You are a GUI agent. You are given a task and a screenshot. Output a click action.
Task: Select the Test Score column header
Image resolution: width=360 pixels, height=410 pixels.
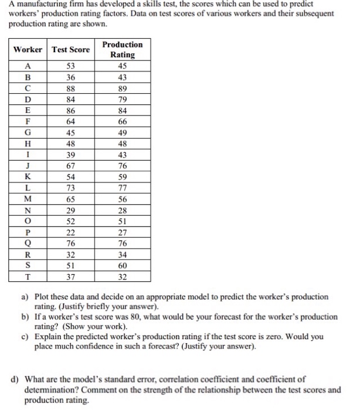[x=71, y=50]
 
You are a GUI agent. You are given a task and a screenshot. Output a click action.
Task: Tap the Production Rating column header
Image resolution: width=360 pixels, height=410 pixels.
[x=122, y=50]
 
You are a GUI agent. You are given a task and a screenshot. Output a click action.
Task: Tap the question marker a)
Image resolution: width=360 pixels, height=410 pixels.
[x=25, y=298]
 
